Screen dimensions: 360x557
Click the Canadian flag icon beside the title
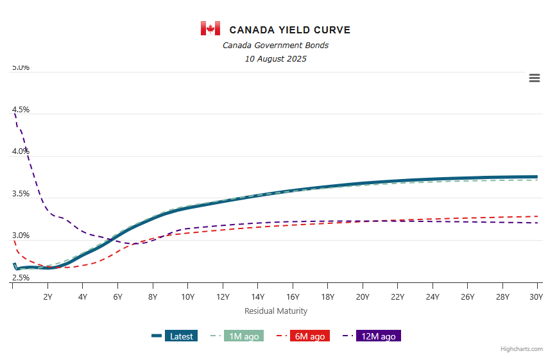(210, 29)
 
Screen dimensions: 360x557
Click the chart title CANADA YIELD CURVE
(289, 30)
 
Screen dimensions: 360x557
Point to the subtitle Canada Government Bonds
(275, 45)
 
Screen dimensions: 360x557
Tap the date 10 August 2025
(275, 59)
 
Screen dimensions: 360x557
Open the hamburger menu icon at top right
(534, 78)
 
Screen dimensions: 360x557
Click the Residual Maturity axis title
(275, 311)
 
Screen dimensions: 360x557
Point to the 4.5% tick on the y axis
(21, 110)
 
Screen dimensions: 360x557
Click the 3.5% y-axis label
(21, 194)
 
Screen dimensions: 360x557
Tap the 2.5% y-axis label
(21, 278)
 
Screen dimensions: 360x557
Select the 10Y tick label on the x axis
(187, 296)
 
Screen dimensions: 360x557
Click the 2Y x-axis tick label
(47, 296)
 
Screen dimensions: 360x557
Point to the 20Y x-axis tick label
(363, 296)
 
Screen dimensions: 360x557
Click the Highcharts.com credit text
(522, 349)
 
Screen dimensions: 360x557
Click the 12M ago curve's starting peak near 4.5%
(14, 114)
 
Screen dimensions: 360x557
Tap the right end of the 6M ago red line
(536, 216)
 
